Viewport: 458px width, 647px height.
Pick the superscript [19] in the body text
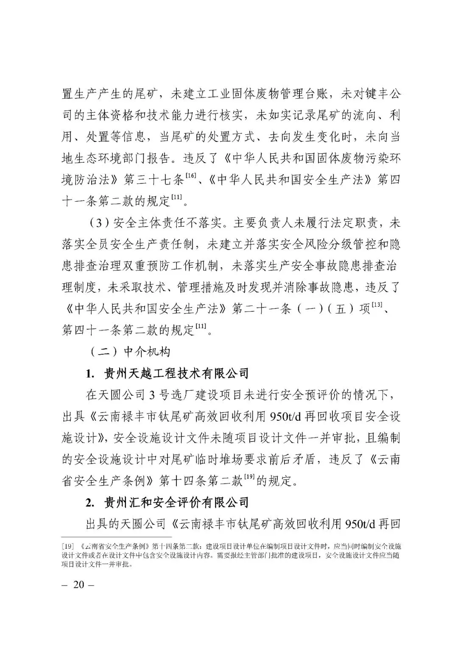[x=249, y=477]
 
